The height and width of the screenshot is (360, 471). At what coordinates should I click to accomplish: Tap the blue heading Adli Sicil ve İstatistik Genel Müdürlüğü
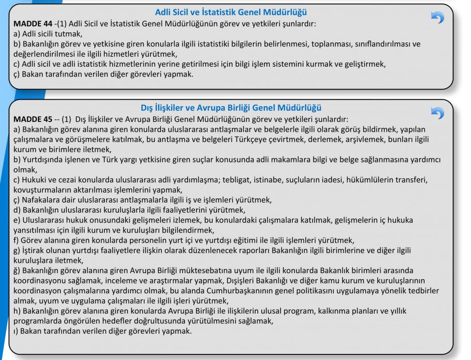[231, 12]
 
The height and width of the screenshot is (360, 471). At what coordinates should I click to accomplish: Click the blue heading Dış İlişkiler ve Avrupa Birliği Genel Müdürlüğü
[231, 108]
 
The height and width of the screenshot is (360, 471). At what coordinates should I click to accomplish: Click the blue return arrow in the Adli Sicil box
[437, 17]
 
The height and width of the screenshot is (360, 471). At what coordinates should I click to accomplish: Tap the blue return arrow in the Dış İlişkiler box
[437, 113]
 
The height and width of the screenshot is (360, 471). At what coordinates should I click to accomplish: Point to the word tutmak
[69, 33]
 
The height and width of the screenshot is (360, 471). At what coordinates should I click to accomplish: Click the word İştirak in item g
[34, 251]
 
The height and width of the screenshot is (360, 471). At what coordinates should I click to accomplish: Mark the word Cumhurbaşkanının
[249, 291]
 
